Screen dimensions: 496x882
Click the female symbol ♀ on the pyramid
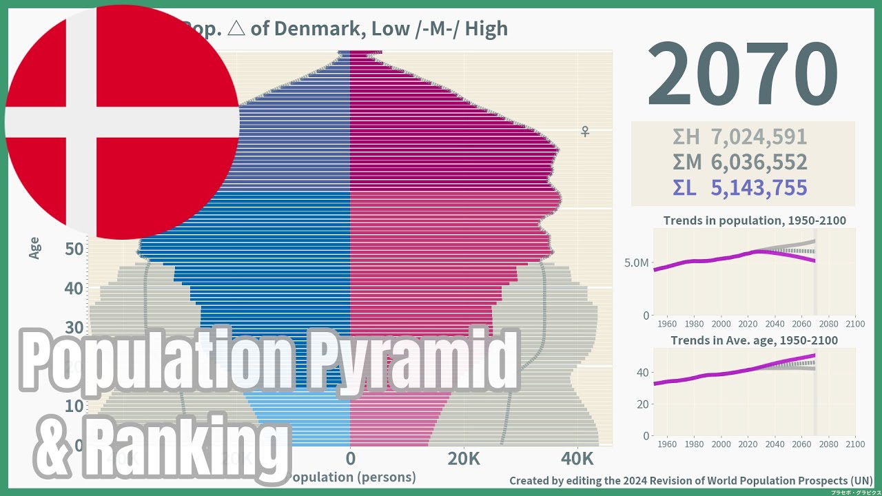(585, 131)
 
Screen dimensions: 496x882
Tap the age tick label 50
(75, 249)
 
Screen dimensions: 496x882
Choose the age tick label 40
(75, 288)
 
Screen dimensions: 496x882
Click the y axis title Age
(34, 248)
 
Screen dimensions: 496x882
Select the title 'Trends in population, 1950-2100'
(755, 221)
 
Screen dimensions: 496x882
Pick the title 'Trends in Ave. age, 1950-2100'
(755, 340)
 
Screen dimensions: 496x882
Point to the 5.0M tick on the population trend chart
(636, 263)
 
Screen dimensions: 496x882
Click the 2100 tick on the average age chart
(854, 444)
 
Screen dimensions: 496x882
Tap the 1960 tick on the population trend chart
(668, 324)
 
